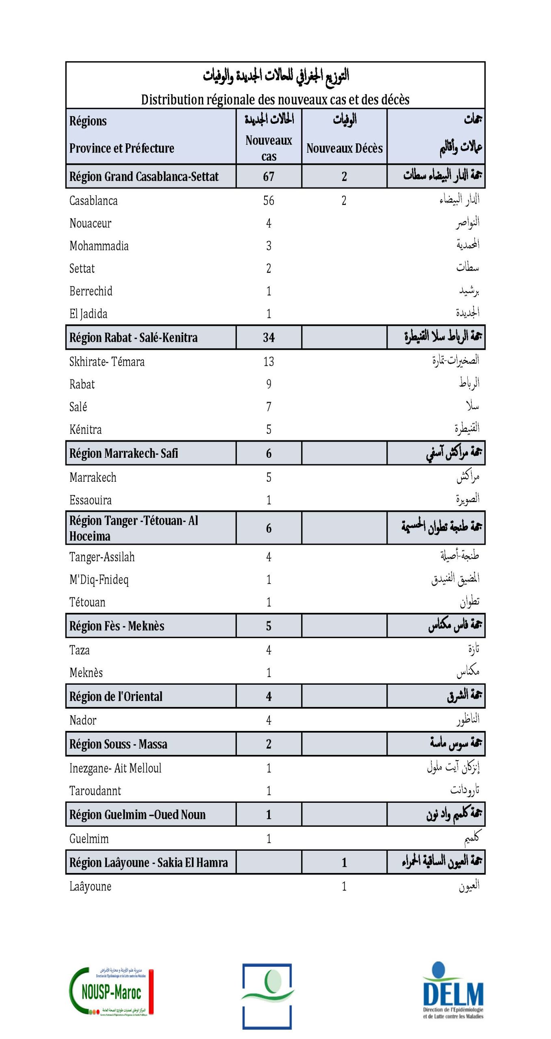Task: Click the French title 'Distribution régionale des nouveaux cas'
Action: click(275, 99)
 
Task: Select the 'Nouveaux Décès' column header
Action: click(344, 148)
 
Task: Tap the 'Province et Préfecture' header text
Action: click(121, 148)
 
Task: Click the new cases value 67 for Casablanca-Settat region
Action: click(269, 177)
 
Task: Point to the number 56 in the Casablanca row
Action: click(269, 200)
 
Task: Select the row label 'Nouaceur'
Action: click(90, 223)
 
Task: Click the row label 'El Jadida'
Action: click(88, 314)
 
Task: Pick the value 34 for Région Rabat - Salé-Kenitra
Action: click(269, 337)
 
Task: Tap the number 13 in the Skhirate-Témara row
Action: click(269, 362)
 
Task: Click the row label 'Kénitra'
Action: click(85, 429)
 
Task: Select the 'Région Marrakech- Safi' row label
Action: click(124, 453)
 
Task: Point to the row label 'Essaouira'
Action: click(90, 500)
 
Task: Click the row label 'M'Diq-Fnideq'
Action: click(99, 580)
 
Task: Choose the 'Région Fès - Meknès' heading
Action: click(117, 626)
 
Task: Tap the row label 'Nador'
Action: click(83, 720)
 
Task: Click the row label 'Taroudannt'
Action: click(95, 791)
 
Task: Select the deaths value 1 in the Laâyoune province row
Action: click(344, 886)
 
